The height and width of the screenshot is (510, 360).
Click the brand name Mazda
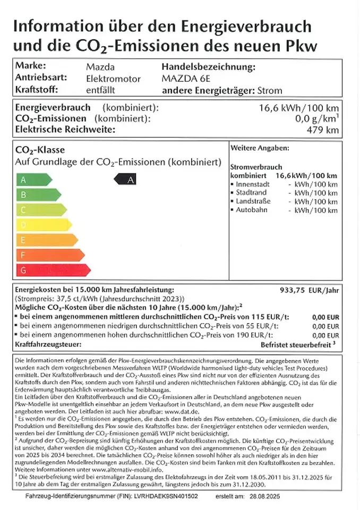tap(100, 67)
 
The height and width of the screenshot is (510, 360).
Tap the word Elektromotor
tap(114, 79)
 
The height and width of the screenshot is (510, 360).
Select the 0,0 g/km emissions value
tap(316, 118)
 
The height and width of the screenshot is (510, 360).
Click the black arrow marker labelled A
tap(126, 180)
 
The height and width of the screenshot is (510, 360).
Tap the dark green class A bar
tap(33, 180)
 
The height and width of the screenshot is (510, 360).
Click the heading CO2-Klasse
tap(40, 150)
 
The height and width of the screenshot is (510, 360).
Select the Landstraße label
tap(253, 201)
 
